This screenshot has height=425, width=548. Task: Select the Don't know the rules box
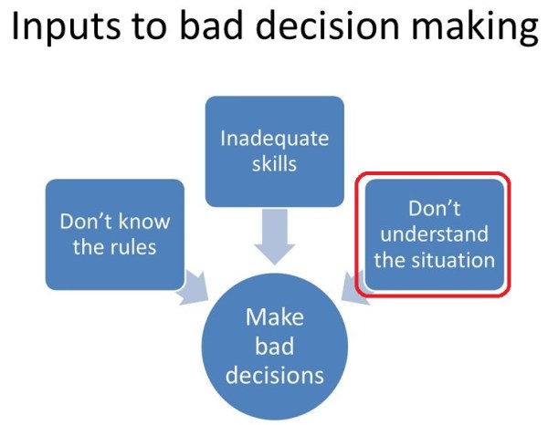point(114,234)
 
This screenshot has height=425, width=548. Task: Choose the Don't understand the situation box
point(434,234)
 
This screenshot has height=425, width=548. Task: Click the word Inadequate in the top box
point(274,139)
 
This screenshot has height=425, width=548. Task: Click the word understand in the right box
point(434,234)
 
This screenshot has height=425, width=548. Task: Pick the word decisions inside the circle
point(274,375)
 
